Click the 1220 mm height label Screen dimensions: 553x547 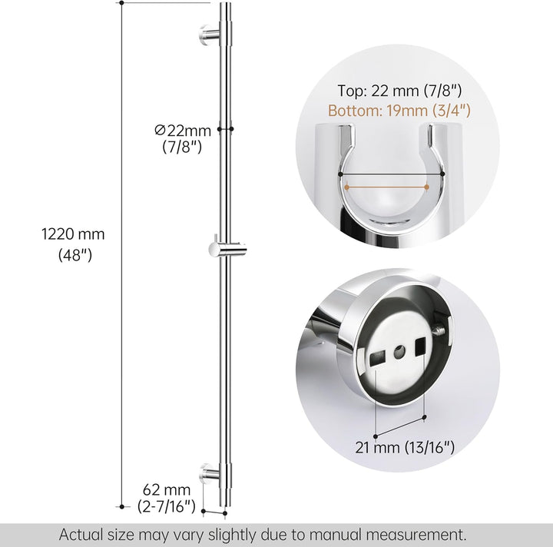74,234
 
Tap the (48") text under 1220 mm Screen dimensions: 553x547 75,254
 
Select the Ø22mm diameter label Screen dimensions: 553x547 183,131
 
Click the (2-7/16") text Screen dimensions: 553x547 167,506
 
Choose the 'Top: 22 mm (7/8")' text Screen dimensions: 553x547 399,91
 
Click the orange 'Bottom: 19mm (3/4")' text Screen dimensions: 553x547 399,111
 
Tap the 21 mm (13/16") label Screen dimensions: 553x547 405,448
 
